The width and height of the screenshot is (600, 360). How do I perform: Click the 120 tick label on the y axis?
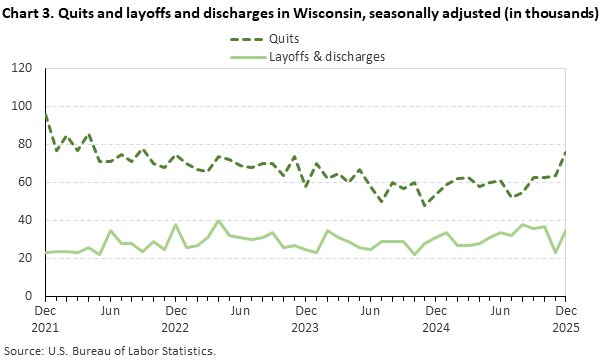24,68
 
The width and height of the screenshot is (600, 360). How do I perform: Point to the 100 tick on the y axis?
24,106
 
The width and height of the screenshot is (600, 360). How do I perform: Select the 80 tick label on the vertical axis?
27,144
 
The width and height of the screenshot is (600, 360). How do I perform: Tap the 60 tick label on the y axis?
27,182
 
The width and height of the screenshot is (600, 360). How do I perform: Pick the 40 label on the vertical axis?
27,220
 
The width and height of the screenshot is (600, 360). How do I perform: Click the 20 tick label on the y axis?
27,258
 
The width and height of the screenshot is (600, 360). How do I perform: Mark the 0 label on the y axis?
30,296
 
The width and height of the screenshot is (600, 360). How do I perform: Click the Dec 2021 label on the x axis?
45,319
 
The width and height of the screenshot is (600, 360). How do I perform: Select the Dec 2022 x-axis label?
175,319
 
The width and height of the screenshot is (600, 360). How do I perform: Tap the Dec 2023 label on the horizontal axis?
305,319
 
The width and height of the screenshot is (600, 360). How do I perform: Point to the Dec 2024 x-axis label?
435,319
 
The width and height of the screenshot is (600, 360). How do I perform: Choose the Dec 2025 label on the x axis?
564,319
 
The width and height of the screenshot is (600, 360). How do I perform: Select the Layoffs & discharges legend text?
326,56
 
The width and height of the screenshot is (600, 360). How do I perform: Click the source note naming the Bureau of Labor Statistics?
109,351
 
